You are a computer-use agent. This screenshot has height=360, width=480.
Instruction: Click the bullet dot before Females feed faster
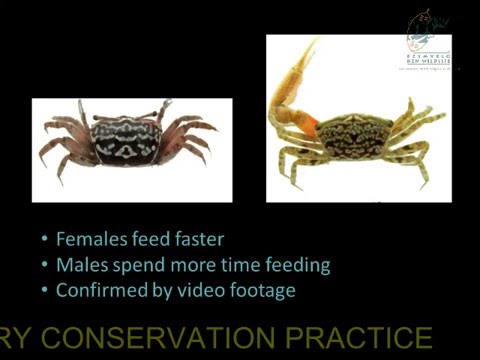[x=44, y=240]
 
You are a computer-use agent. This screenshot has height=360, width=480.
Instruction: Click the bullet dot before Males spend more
[x=44, y=266]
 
